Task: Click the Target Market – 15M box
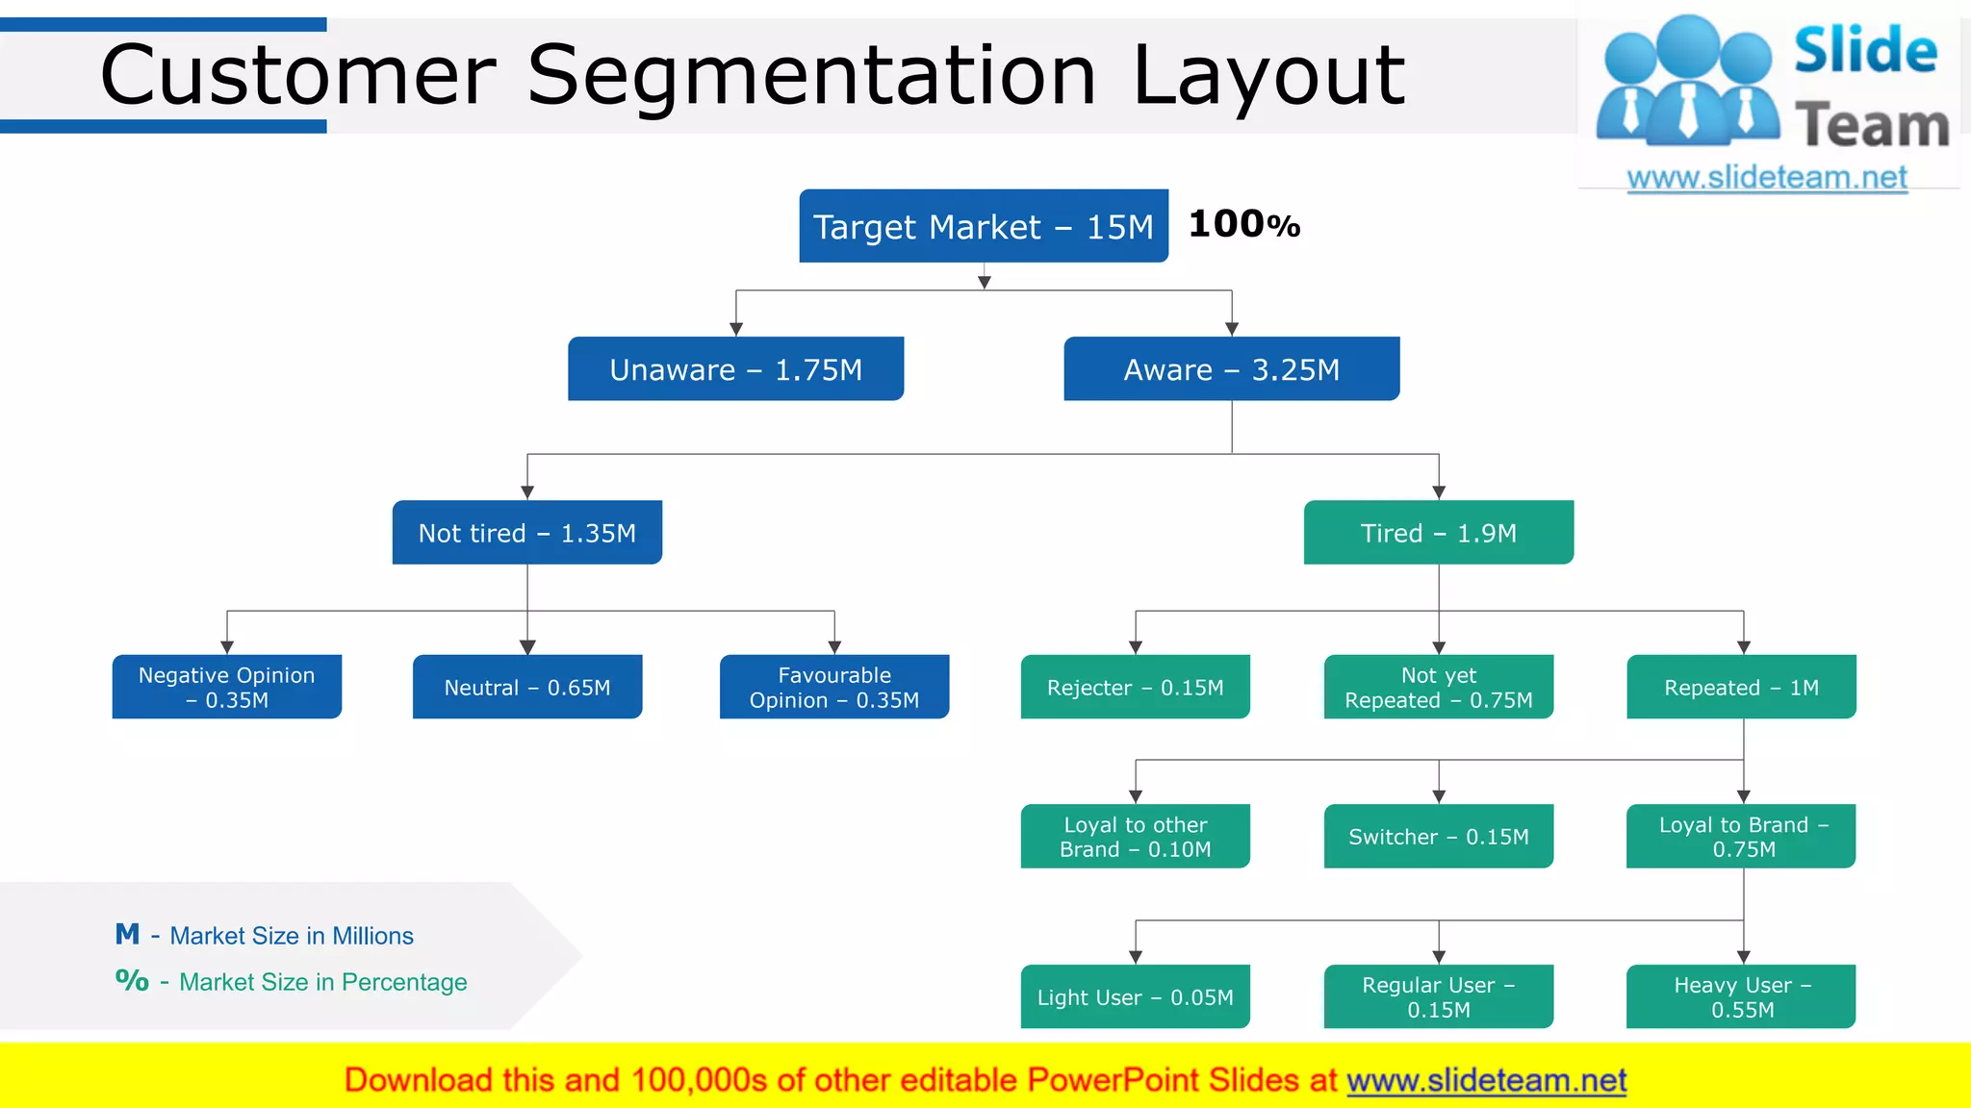point(983,226)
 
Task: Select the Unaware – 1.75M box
point(735,369)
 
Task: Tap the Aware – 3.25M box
point(1231,369)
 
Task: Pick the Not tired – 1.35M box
point(526,533)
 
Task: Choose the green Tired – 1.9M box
point(1438,533)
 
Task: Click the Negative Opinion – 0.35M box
point(226,687)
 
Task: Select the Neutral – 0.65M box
point(526,687)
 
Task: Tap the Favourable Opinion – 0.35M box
point(833,687)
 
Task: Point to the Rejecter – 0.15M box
point(1135,687)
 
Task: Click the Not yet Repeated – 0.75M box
point(1438,687)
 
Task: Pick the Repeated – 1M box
point(1741,687)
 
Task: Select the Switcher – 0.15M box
point(1438,837)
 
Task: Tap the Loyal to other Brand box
point(1135,837)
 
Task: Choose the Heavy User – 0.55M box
point(1741,996)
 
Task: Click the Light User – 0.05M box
point(1135,996)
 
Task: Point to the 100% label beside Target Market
point(1243,224)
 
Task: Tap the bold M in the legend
point(127,934)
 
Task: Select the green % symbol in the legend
point(132,980)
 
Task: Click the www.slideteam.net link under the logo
point(1766,178)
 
